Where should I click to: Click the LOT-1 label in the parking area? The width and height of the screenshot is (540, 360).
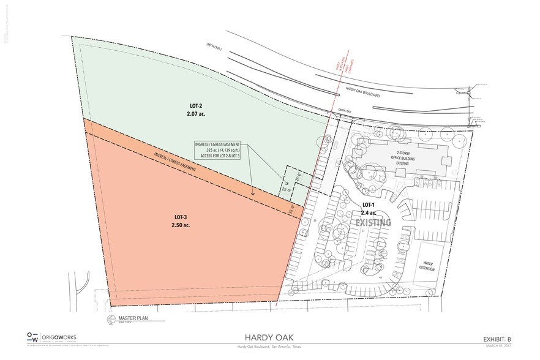tap(368, 204)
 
